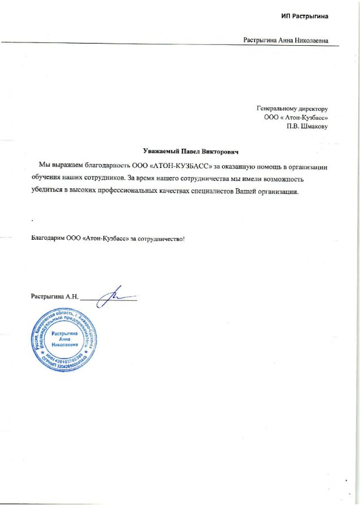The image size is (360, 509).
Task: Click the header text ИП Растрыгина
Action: pos(304,16)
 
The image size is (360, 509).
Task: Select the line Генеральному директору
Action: pos(292,108)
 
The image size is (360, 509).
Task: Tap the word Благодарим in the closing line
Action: pos(47,239)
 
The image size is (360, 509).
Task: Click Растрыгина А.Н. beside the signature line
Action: pos(54,296)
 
